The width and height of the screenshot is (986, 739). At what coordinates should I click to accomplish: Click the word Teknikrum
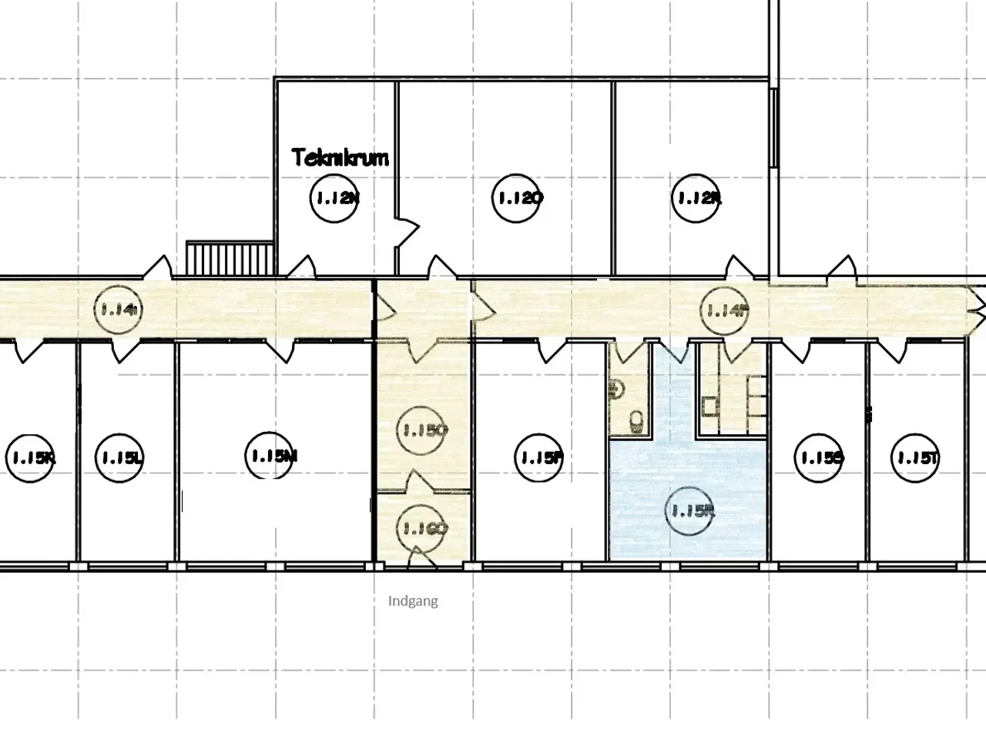[340, 158]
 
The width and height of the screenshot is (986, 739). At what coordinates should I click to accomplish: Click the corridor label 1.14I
[119, 310]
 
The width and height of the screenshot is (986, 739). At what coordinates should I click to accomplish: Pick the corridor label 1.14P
[726, 310]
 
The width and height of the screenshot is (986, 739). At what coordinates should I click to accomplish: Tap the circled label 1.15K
[31, 458]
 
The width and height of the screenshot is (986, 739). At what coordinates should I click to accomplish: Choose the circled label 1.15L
[119, 458]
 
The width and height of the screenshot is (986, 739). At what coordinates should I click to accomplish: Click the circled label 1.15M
[273, 456]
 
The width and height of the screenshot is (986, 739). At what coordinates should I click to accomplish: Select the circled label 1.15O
[423, 431]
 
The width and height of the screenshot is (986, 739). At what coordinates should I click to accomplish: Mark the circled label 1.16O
[423, 528]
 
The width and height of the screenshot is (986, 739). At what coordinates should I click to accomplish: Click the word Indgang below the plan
[413, 601]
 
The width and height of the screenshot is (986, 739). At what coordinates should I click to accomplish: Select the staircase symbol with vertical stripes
[230, 258]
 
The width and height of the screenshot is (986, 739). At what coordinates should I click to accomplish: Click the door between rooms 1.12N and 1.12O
[406, 232]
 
